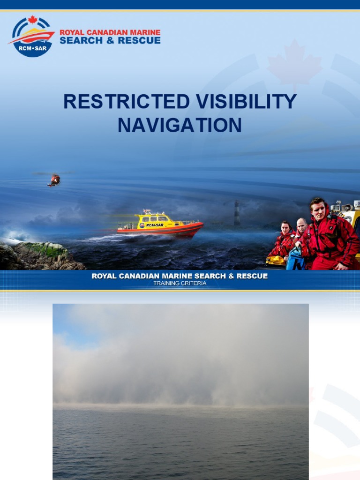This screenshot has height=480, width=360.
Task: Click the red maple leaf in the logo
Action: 32,20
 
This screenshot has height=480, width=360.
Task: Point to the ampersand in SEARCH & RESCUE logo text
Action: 110,41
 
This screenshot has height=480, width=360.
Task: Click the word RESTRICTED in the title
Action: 126,102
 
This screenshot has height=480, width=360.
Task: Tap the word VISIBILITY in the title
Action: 245,102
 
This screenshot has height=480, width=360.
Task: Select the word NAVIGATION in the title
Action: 180,125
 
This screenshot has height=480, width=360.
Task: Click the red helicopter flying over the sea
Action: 54,180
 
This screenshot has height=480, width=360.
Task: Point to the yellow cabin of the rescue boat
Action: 152,219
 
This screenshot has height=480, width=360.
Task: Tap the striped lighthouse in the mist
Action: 237,213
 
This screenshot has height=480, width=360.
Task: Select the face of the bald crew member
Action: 301,226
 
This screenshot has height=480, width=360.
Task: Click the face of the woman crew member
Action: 285,228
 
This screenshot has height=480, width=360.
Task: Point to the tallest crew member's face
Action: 318,210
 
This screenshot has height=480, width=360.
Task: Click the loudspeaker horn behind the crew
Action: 348,207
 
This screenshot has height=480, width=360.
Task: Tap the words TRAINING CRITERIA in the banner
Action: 180,283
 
